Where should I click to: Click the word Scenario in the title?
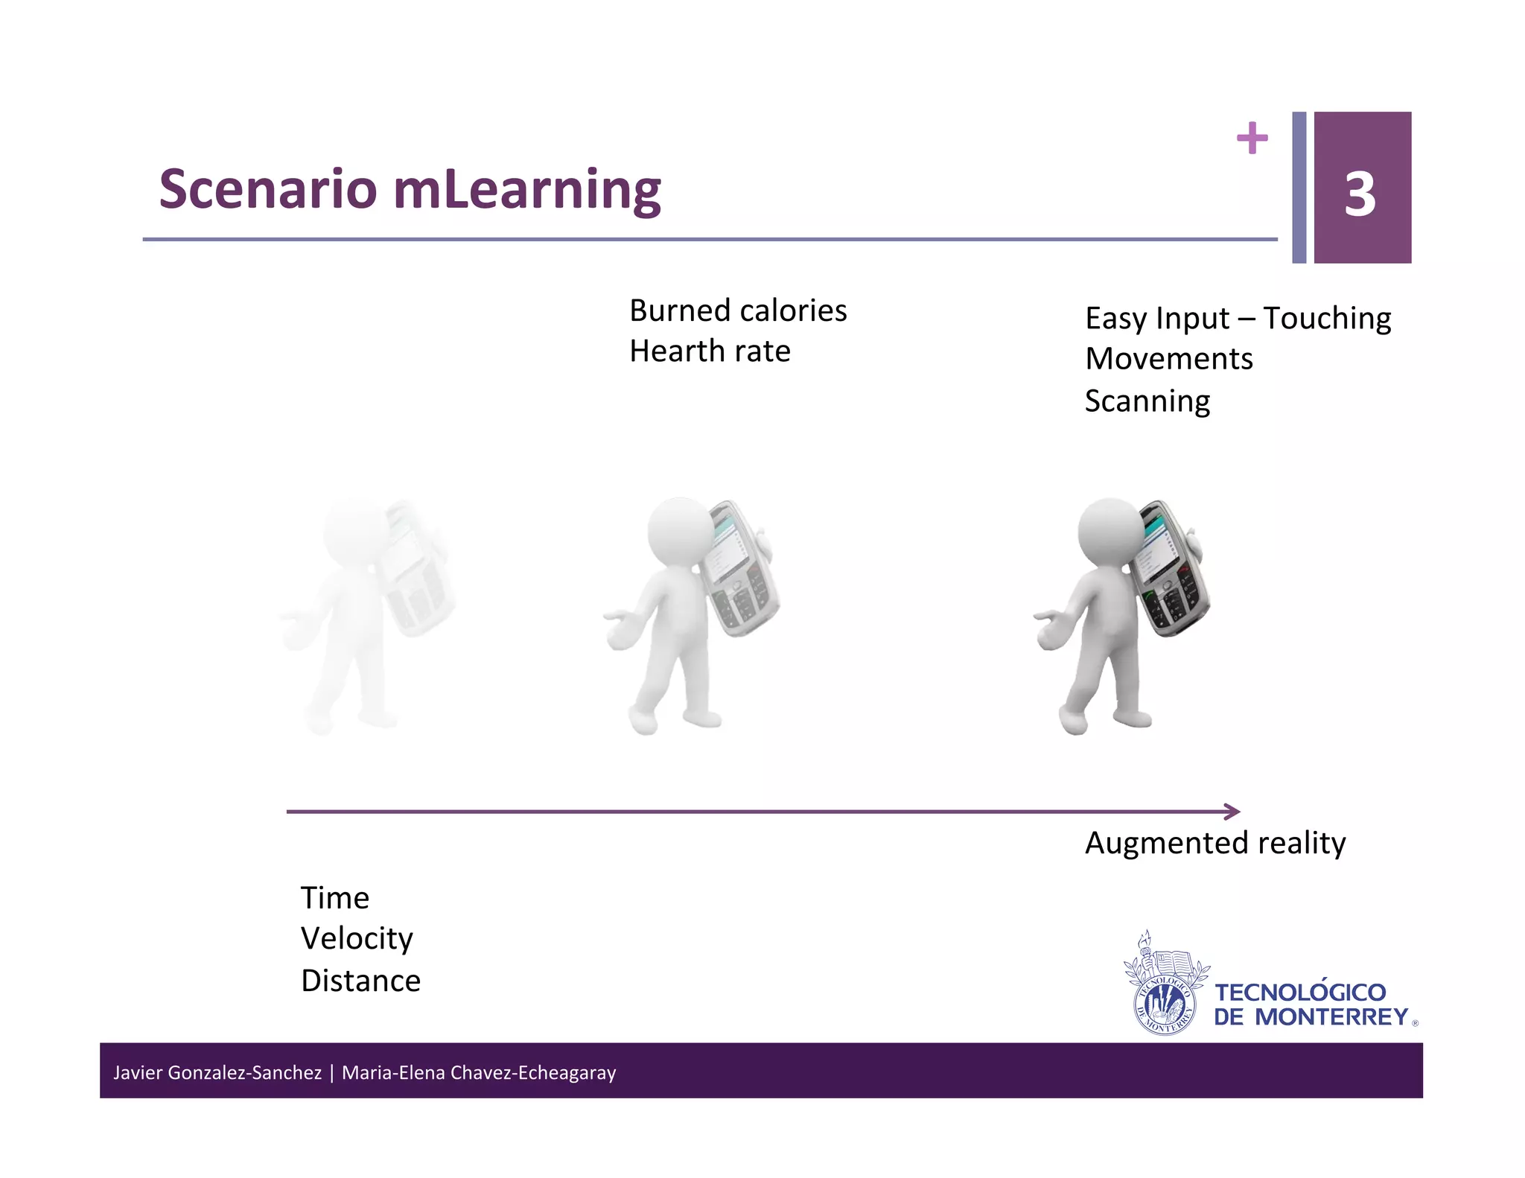tap(268, 189)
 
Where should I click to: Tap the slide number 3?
tap(1360, 195)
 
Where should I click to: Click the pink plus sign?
tap(1252, 138)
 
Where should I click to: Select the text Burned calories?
tap(737, 311)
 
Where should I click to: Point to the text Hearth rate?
tap(709, 351)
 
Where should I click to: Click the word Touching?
tap(1327, 319)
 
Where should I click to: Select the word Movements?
tap(1168, 359)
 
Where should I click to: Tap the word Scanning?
tap(1147, 401)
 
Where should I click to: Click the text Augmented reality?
tap(1214, 843)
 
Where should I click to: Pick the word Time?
tap(334, 898)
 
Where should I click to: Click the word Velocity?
tap(357, 939)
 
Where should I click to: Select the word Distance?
tap(360, 981)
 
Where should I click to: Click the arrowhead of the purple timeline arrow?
tap(1232, 812)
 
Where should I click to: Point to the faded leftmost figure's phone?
tap(415, 570)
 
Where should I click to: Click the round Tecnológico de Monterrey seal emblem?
tap(1164, 1005)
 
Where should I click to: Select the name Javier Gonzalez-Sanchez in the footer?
tap(217, 1072)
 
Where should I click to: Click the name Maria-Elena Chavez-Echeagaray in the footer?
tap(479, 1072)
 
